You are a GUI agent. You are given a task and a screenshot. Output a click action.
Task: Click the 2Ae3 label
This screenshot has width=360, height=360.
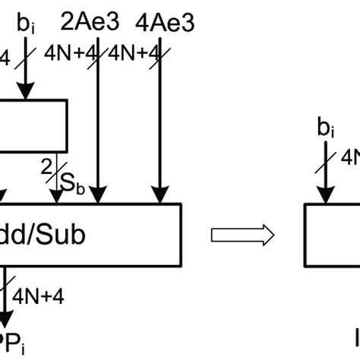click(97, 23)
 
